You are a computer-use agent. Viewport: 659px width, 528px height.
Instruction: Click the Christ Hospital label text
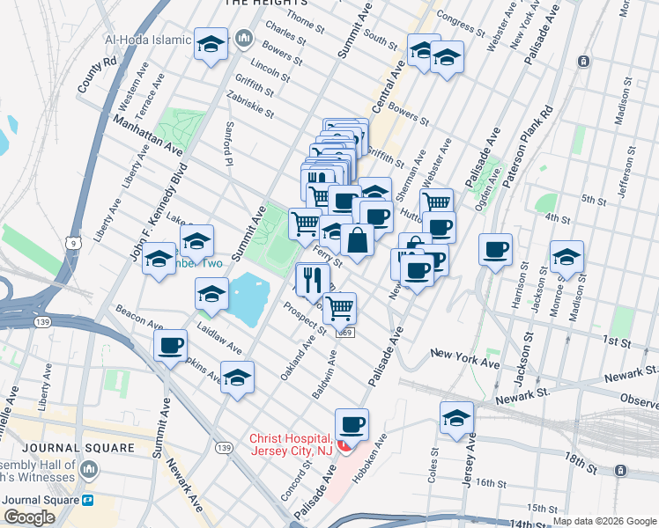coord(291,444)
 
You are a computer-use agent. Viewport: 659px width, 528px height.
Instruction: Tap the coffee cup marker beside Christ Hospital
coord(352,425)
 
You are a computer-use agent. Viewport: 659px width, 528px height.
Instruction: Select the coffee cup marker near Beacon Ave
coord(170,346)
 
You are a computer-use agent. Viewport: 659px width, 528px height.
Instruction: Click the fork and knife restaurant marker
coord(312,280)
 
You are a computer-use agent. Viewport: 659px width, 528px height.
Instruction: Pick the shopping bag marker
coord(358,240)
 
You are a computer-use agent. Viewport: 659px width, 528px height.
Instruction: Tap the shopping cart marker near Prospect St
coord(339,309)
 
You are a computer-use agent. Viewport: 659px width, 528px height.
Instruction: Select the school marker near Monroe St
coord(566,257)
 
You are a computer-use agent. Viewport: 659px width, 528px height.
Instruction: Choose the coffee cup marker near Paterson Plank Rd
coord(496,249)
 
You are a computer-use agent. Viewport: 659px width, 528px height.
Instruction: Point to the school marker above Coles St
coord(456,418)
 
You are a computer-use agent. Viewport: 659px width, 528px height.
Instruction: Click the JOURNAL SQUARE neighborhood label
coord(68,448)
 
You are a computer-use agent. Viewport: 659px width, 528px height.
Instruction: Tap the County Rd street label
coord(97,76)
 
